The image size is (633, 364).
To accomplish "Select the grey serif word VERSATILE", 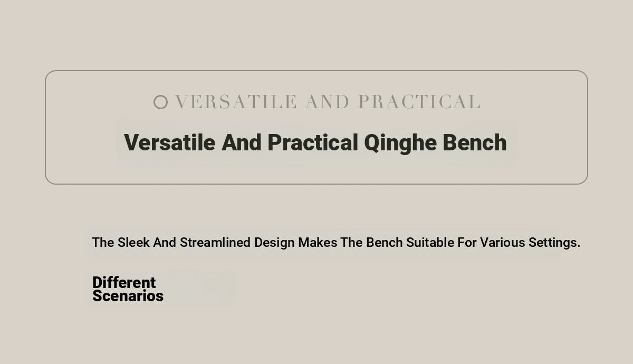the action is tap(236, 102).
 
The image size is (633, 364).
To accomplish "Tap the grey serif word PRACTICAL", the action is tap(419, 102).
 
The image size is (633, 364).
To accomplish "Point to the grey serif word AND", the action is tap(327, 102).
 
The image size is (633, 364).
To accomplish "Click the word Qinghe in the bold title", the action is tap(400, 143).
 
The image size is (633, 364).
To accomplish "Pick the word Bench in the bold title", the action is tap(475, 143).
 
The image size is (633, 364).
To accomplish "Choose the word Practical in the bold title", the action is tap(313, 143).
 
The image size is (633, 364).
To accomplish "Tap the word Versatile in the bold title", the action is tap(169, 143).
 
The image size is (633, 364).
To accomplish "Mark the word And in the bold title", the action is tap(242, 143).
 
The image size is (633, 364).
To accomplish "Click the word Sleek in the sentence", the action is tap(133, 243).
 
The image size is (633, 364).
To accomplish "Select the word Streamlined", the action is tap(215, 243).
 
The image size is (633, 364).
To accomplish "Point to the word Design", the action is tap(274, 243).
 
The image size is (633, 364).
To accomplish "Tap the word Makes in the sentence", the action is tap(318, 243).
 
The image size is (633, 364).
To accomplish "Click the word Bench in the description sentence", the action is tap(385, 243).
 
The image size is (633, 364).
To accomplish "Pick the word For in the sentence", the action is tap(467, 243).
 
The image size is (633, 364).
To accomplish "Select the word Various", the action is tap(502, 243).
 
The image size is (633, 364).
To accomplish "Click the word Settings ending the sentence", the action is tap(554, 243).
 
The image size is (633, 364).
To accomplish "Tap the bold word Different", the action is tap(124, 282).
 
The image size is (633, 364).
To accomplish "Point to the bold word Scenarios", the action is tap(128, 295).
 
